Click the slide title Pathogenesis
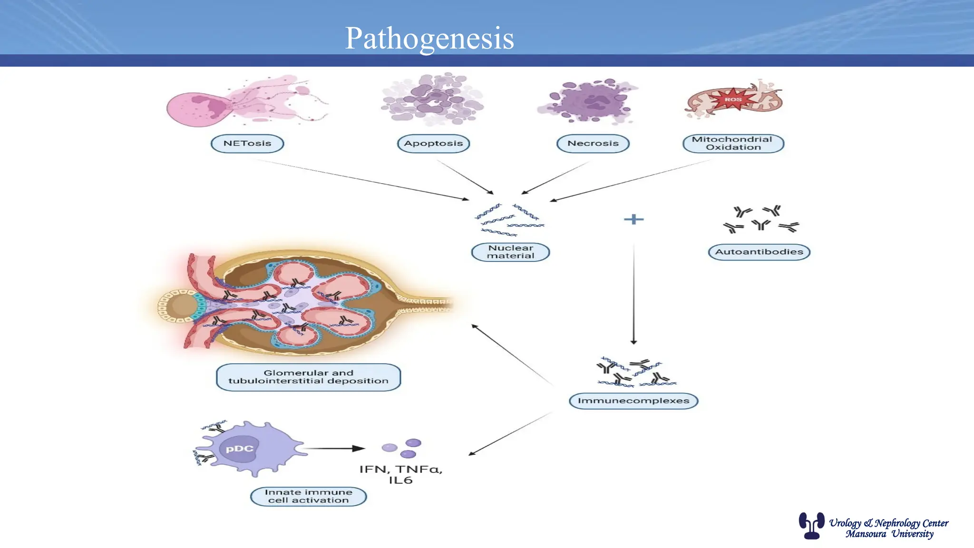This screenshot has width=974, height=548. [x=429, y=38]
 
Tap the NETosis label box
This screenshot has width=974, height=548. [x=247, y=143]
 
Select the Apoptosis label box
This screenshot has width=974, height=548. [x=433, y=143]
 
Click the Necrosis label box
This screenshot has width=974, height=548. [x=593, y=143]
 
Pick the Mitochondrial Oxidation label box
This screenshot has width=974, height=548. [x=733, y=143]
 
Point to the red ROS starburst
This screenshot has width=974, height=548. [x=733, y=99]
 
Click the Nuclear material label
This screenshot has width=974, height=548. [x=510, y=252]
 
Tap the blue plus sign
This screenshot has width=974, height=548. [x=633, y=219]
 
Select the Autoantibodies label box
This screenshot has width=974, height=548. [x=759, y=252]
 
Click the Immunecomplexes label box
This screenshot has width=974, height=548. [x=633, y=401]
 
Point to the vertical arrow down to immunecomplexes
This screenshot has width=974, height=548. [x=633, y=295]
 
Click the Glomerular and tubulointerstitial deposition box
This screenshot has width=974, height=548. [x=308, y=377]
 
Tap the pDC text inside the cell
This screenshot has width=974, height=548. [x=239, y=449]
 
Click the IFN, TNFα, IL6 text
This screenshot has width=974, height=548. [x=400, y=474]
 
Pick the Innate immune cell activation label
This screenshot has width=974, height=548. [x=308, y=496]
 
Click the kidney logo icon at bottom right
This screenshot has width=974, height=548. [x=811, y=525]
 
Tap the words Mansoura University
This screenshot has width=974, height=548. [x=889, y=534]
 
